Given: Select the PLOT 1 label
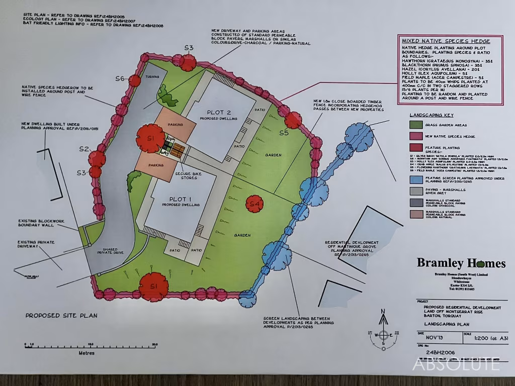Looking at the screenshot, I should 180,199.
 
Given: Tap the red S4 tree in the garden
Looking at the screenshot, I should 255,204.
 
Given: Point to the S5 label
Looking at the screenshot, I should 284,133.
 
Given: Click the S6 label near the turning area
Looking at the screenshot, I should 120,78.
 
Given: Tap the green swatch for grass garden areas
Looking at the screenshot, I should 415,125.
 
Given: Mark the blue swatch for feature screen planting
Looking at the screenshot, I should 415,179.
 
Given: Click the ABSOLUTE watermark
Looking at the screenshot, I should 456,363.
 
